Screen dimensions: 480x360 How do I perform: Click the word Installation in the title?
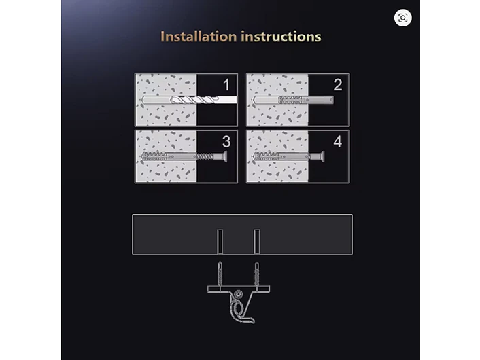coord(199,37)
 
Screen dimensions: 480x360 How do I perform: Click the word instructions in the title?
coord(281,37)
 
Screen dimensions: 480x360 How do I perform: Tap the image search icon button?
coord(403,18)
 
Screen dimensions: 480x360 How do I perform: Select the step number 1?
coord(226,85)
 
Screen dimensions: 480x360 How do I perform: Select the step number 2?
coord(338,85)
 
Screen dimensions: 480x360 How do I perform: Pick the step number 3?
coord(226,141)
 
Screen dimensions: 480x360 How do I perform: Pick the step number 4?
coord(338,141)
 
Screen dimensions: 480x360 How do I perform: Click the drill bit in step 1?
coord(189,100)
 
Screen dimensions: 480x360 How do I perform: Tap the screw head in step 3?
coord(224,157)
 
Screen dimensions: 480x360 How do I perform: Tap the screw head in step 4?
coord(322,157)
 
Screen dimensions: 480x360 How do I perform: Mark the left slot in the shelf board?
coord(220,241)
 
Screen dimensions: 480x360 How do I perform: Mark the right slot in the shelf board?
coord(257,241)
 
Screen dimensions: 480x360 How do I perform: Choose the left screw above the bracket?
coord(220,274)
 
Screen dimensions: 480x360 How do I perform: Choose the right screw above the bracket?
coord(257,274)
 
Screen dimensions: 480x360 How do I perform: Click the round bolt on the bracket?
coord(238,295)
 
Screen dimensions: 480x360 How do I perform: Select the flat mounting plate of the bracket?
coord(239,289)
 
